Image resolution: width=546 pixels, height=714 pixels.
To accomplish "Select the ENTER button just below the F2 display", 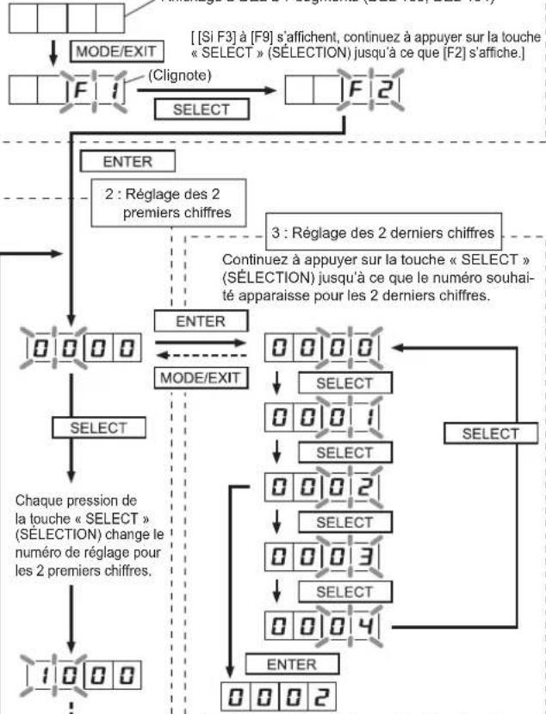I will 127,160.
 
